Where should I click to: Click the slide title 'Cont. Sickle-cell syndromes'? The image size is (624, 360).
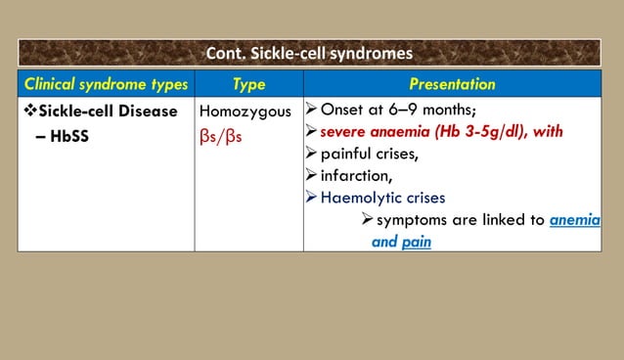click(x=308, y=53)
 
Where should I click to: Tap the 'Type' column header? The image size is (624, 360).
click(x=248, y=85)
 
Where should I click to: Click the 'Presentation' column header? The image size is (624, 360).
click(x=451, y=85)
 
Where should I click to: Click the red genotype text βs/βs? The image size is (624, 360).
click(x=221, y=134)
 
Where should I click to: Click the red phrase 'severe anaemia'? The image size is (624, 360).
click(x=373, y=132)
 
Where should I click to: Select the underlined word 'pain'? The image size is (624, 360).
click(x=416, y=241)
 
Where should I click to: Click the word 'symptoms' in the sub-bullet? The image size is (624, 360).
click(x=412, y=220)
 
